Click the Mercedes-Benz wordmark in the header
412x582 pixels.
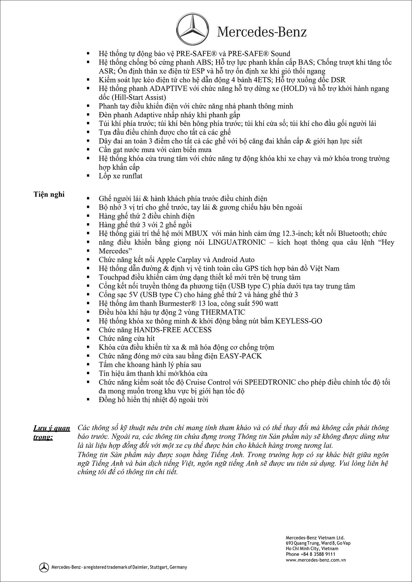pyautogui.click(x=262, y=32)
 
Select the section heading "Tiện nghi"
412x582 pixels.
pyautogui.click(x=49, y=194)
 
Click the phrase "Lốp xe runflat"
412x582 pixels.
pyautogui.click(x=121, y=176)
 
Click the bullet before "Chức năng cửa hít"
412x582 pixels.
pyautogui.click(x=88, y=338)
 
